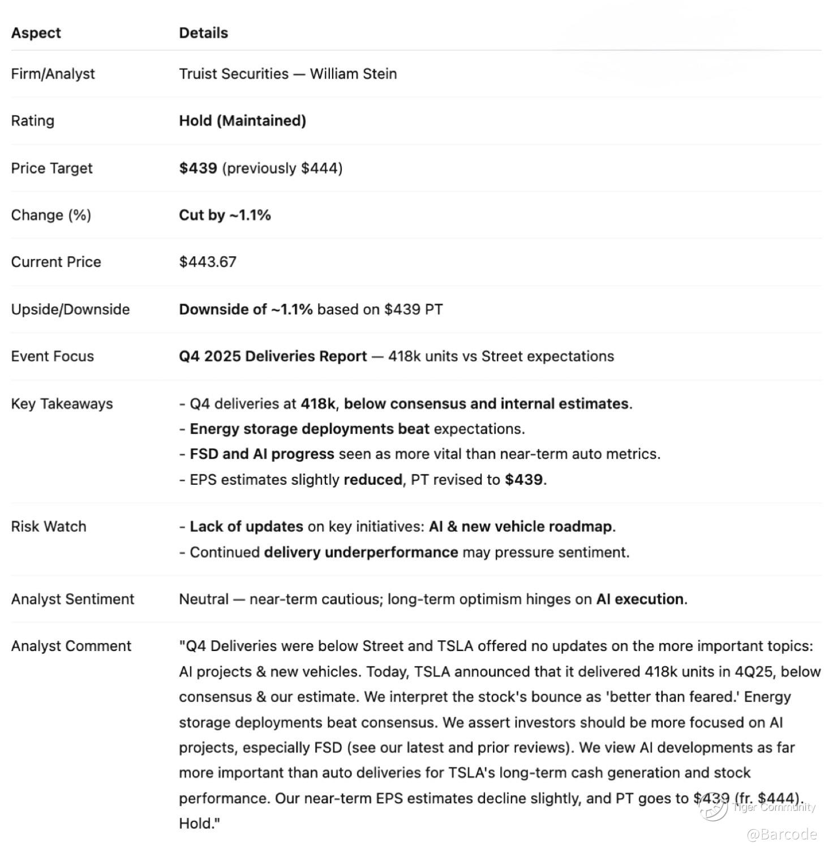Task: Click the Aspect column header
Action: [x=36, y=33]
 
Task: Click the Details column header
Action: [x=203, y=33]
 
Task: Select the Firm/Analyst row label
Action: [x=53, y=74]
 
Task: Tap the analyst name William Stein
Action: [x=353, y=74]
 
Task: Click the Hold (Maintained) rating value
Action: [x=242, y=120]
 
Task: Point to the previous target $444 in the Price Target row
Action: [x=321, y=168]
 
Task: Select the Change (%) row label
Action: [x=51, y=215]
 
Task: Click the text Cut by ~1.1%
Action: [x=225, y=215]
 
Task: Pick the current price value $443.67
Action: [x=208, y=262]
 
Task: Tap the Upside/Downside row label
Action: [x=70, y=309]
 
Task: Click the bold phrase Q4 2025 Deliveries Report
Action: [x=273, y=356]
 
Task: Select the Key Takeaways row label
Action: [x=62, y=404]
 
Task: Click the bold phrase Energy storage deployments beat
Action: [x=310, y=429]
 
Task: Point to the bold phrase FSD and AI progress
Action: [x=262, y=454]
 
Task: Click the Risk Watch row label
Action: [x=49, y=527]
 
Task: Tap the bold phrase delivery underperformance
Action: [x=361, y=552]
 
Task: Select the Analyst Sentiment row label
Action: [x=72, y=599]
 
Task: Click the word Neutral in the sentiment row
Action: [x=204, y=599]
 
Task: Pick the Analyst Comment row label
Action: [x=71, y=646]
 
